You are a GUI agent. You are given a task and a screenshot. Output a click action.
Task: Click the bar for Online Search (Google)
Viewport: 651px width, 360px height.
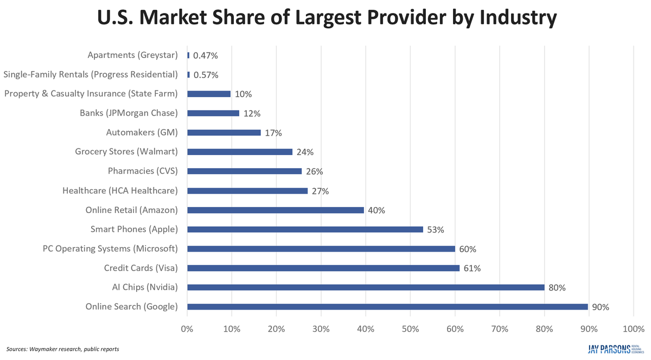click(x=388, y=307)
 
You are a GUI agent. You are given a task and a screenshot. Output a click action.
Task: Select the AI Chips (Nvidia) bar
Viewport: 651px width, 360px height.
click(x=366, y=287)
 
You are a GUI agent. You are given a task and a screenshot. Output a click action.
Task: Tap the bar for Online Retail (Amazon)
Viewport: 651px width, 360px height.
click(x=276, y=210)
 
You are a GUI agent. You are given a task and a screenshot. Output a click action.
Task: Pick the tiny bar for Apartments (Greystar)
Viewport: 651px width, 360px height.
click(x=188, y=55)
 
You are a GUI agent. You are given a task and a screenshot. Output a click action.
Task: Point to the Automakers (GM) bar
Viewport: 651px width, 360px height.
click(x=224, y=132)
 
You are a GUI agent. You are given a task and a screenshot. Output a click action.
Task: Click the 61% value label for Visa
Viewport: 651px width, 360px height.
click(x=472, y=268)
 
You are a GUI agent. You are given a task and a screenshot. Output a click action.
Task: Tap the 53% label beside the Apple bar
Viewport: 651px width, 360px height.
click(x=435, y=229)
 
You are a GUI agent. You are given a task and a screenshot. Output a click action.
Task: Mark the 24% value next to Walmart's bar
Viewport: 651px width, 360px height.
click(x=305, y=152)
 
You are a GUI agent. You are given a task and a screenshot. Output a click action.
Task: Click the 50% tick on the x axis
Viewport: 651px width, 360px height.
click(x=410, y=329)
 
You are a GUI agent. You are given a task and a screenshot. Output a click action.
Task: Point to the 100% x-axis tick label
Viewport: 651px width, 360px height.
click(x=633, y=329)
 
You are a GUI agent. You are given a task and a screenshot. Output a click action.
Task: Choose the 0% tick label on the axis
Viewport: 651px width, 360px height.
click(x=187, y=329)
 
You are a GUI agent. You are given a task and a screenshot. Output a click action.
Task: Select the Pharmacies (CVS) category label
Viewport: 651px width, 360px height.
click(x=143, y=171)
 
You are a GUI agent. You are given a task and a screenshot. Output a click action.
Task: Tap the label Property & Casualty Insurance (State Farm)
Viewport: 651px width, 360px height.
click(x=91, y=94)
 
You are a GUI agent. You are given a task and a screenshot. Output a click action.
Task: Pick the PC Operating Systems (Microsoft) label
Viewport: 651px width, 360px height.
click(x=110, y=249)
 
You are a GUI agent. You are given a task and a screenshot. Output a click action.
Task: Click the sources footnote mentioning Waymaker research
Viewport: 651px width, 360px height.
click(x=63, y=349)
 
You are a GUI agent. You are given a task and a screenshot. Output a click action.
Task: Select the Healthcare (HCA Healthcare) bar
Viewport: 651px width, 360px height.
click(x=247, y=191)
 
